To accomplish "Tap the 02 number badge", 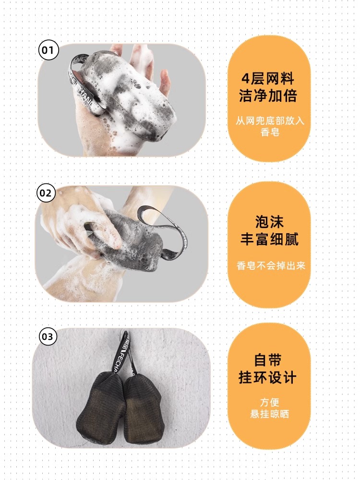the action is point(46,193).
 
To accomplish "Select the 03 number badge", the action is point(48,336).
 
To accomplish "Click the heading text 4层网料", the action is point(268,79).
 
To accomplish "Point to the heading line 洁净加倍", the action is point(268,96).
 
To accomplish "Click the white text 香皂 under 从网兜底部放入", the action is point(270,132).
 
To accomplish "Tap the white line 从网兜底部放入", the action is point(270,120).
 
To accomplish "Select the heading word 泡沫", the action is point(269,221).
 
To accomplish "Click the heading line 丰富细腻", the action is point(269,239).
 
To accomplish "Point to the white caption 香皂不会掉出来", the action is point(271,265).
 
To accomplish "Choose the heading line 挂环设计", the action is point(267,377).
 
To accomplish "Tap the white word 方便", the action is point(269,402).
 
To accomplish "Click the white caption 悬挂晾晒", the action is point(269,414).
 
